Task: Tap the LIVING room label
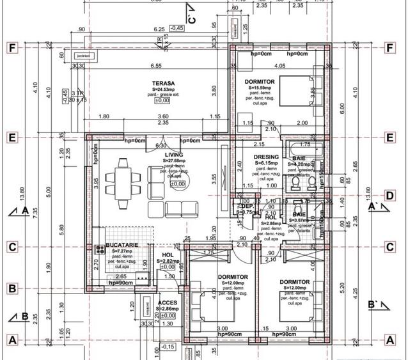(x=174, y=155)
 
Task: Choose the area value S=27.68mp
(x=175, y=161)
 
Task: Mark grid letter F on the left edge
(x=11, y=48)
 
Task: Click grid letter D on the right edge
(x=389, y=196)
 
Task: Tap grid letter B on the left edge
(x=11, y=288)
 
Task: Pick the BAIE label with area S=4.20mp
(x=299, y=158)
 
